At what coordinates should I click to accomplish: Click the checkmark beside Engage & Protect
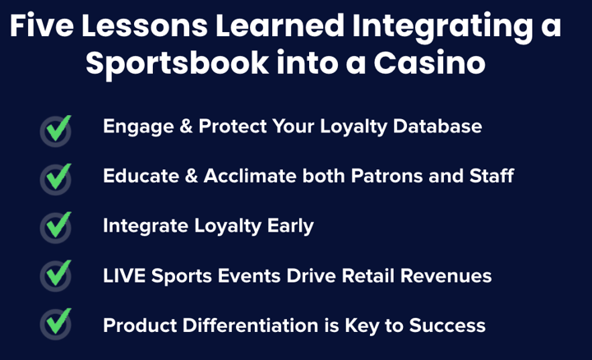58,128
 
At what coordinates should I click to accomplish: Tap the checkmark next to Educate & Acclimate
58,177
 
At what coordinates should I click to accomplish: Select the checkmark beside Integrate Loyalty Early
58,225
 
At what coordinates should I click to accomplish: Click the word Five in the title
42,25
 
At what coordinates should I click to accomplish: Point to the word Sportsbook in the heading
177,63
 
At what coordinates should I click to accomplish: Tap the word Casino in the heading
429,63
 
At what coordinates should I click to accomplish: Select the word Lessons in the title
145,25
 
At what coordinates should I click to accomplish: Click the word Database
437,126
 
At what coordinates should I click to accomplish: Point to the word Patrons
386,176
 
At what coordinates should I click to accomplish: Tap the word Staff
491,176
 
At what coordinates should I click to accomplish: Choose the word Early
290,226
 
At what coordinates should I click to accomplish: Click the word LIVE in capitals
124,276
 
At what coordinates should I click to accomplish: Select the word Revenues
446,276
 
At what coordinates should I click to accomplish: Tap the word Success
447,325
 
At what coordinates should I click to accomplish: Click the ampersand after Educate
192,176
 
